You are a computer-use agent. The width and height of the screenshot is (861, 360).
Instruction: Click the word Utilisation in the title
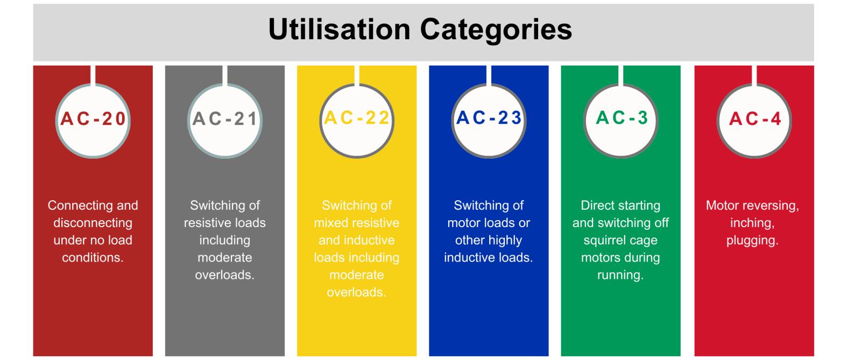(340, 30)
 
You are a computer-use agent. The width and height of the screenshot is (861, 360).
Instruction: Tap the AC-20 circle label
(93, 119)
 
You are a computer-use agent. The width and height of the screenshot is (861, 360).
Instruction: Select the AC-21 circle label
(225, 119)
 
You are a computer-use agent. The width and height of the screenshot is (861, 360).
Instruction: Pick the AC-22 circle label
(357, 118)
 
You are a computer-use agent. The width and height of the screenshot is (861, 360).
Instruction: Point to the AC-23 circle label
(489, 118)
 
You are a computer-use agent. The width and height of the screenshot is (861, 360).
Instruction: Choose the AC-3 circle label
(622, 118)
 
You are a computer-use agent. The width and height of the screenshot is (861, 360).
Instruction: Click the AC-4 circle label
(755, 119)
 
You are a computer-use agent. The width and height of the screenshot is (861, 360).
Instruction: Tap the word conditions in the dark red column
(93, 257)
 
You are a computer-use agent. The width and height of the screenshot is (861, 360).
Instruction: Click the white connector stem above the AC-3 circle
(621, 76)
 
